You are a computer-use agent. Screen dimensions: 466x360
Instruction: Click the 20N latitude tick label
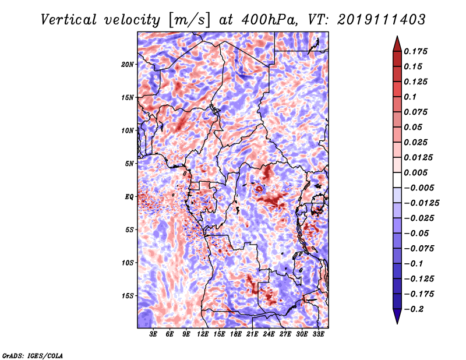[128, 65]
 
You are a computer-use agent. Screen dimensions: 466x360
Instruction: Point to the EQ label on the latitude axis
[129, 197]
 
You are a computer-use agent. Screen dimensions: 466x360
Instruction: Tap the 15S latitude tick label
[128, 296]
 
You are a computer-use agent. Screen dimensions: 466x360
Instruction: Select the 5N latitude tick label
[129, 164]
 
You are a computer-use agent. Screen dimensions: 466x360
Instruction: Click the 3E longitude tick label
[153, 334]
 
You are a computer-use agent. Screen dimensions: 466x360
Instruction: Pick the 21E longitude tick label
[252, 334]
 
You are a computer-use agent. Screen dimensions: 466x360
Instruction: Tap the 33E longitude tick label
[318, 334]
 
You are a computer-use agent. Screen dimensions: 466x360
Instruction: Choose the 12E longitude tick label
[203, 334]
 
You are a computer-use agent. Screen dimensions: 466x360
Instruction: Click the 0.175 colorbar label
[416, 51]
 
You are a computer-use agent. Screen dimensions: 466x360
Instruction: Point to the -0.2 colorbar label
[414, 309]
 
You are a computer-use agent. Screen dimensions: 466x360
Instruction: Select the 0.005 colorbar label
[416, 172]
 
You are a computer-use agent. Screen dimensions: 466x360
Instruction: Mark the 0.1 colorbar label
[410, 97]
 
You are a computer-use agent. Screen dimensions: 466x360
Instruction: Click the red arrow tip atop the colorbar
[397, 36]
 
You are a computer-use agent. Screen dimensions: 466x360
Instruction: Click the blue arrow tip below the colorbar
[397, 323]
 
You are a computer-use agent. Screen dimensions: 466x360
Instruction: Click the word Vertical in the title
[69, 20]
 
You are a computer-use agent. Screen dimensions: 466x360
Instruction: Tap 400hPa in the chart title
[270, 20]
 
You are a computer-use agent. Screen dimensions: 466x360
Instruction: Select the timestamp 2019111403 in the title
[382, 20]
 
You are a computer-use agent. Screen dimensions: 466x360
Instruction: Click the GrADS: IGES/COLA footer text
[33, 355]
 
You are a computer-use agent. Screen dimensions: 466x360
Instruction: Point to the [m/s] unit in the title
[189, 20]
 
